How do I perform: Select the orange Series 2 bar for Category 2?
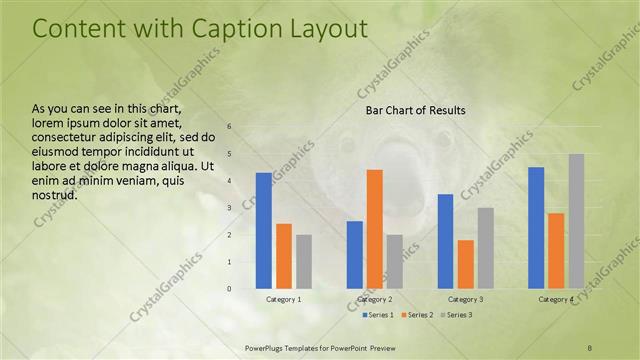(x=375, y=229)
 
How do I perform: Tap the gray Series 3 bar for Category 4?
(x=576, y=221)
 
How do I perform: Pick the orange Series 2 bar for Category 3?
(x=466, y=264)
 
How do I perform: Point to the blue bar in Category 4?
(x=536, y=228)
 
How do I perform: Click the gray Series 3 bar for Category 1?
(x=304, y=262)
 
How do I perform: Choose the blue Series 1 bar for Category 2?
(x=355, y=255)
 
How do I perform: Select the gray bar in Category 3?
(x=486, y=248)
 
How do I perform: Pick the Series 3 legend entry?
(x=456, y=315)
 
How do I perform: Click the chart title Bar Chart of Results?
(x=414, y=110)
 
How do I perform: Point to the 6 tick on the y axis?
(x=229, y=127)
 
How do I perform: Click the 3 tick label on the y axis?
(x=229, y=208)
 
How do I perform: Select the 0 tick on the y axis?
(x=229, y=289)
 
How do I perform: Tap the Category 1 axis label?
(x=284, y=299)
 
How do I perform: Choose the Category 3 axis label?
(x=466, y=299)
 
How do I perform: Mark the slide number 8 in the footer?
(x=590, y=346)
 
